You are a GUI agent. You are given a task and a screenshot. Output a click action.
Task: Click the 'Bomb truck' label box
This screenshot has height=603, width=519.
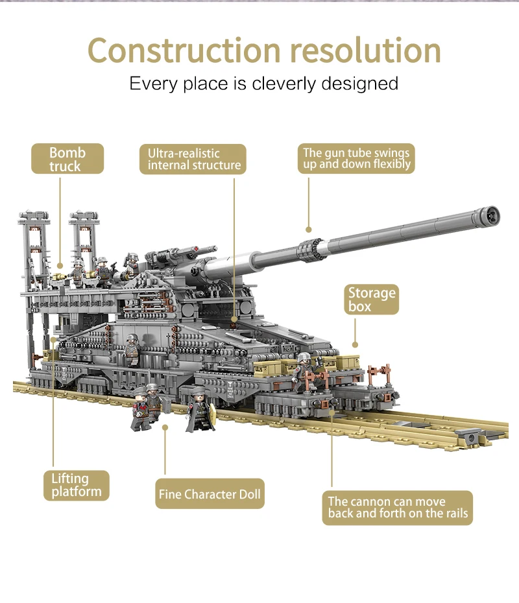click(67, 159)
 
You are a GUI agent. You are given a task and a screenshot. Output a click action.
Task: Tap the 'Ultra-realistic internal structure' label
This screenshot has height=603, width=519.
click(193, 160)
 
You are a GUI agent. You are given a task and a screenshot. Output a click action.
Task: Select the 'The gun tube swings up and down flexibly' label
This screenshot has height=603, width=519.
click(357, 159)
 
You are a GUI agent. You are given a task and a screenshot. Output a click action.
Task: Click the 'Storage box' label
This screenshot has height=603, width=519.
click(371, 299)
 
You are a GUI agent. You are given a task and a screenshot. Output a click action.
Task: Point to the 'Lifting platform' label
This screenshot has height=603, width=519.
click(77, 485)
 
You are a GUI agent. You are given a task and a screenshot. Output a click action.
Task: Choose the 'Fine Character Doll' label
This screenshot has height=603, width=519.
click(210, 494)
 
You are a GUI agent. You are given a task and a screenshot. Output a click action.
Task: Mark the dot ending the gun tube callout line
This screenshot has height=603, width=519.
click(309, 229)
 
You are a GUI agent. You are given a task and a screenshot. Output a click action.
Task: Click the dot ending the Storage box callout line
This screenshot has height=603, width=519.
click(355, 345)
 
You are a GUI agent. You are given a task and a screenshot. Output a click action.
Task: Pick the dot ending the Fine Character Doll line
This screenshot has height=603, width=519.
click(165, 427)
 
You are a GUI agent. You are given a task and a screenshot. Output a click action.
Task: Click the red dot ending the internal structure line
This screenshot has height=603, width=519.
click(234, 320)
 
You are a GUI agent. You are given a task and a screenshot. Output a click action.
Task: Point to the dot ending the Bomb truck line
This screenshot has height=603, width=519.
click(60, 265)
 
